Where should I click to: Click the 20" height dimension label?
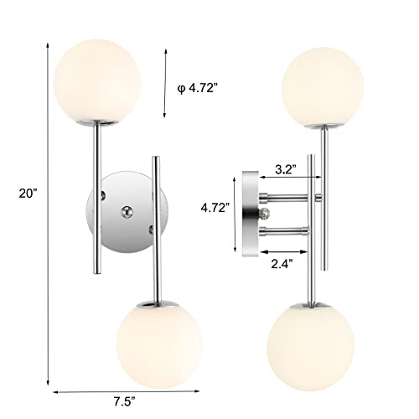tap(26, 192)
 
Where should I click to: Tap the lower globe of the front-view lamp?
tap(156, 334)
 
